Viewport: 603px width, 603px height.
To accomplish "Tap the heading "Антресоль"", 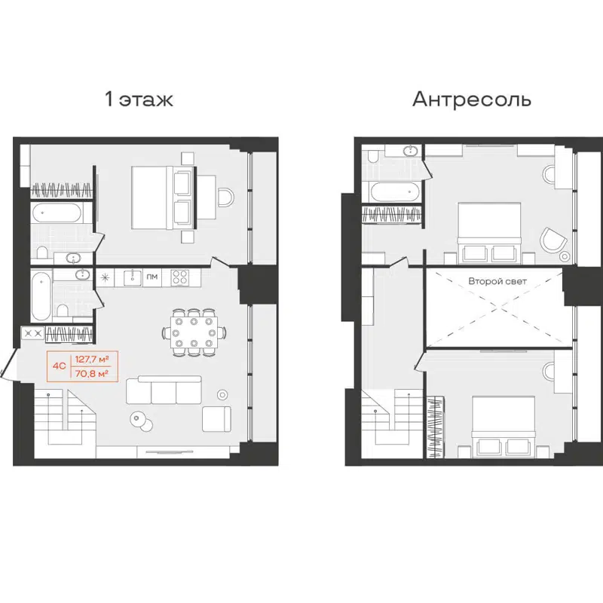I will pyautogui.click(x=472, y=99).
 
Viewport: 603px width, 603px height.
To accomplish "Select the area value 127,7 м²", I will pyautogui.click(x=94, y=359).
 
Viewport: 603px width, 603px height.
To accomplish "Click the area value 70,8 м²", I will pyautogui.click(x=94, y=372).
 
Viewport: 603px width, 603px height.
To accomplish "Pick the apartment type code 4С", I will pyautogui.click(x=58, y=366).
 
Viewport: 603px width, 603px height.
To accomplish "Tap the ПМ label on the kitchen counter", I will pyautogui.click(x=152, y=277).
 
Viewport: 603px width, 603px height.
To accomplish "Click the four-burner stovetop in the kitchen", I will pyautogui.click(x=179, y=277).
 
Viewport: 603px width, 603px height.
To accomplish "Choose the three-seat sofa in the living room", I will pyautogui.click(x=164, y=390).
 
